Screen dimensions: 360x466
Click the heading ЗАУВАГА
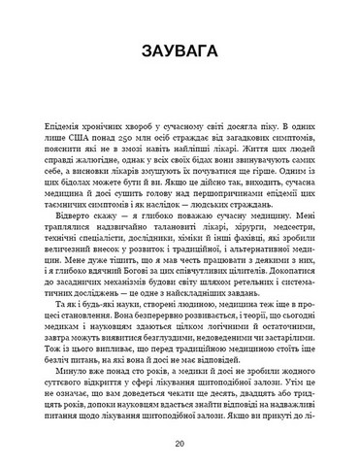[180, 50]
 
